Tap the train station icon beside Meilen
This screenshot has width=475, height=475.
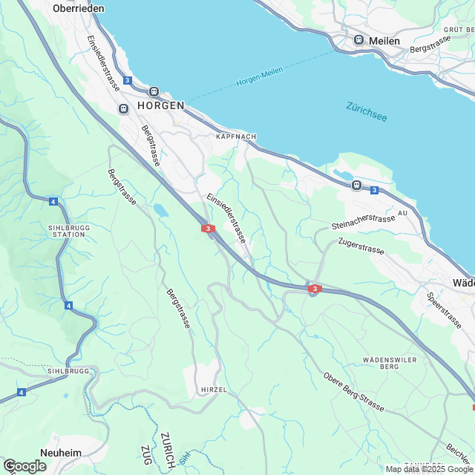click(x=359, y=40)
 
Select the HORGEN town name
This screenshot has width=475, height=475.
click(x=160, y=106)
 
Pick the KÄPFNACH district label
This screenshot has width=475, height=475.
click(x=236, y=137)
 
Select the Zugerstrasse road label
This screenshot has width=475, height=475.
click(x=361, y=246)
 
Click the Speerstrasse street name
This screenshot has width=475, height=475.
click(x=445, y=310)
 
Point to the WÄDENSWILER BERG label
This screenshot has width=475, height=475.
click(x=385, y=363)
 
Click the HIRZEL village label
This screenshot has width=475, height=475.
click(x=213, y=389)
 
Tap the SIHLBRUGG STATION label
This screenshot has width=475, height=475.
click(x=66, y=229)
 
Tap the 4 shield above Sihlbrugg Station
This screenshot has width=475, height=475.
click(x=53, y=201)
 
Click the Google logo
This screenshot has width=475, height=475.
click(x=24, y=465)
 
